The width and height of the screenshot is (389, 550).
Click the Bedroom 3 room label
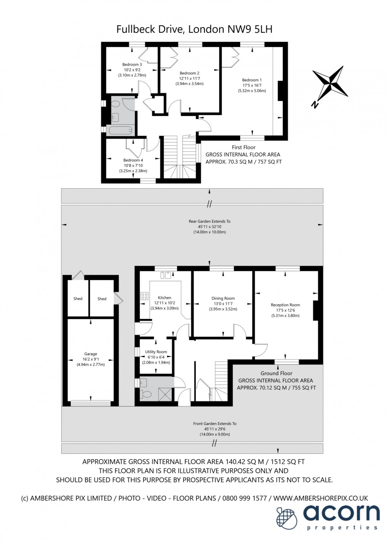click(x=132, y=65)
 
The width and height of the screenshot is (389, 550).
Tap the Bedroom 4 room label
click(x=133, y=160)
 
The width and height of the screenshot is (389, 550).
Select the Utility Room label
click(x=156, y=352)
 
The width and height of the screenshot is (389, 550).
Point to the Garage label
click(x=90, y=354)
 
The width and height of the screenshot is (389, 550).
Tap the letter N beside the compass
click(x=314, y=105)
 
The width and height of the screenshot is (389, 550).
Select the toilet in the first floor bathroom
click(x=115, y=105)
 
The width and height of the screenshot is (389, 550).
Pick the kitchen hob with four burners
click(x=145, y=296)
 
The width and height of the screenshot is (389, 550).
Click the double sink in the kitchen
click(x=166, y=275)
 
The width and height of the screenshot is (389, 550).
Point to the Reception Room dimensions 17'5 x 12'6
click(x=285, y=310)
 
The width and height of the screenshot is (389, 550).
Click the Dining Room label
click(x=223, y=298)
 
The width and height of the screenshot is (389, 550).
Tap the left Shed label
click(x=78, y=298)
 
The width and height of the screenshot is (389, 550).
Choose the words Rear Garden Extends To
click(x=209, y=221)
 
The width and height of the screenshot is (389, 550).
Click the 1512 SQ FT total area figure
click(x=288, y=461)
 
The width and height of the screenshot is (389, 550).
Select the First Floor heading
click(x=244, y=147)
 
